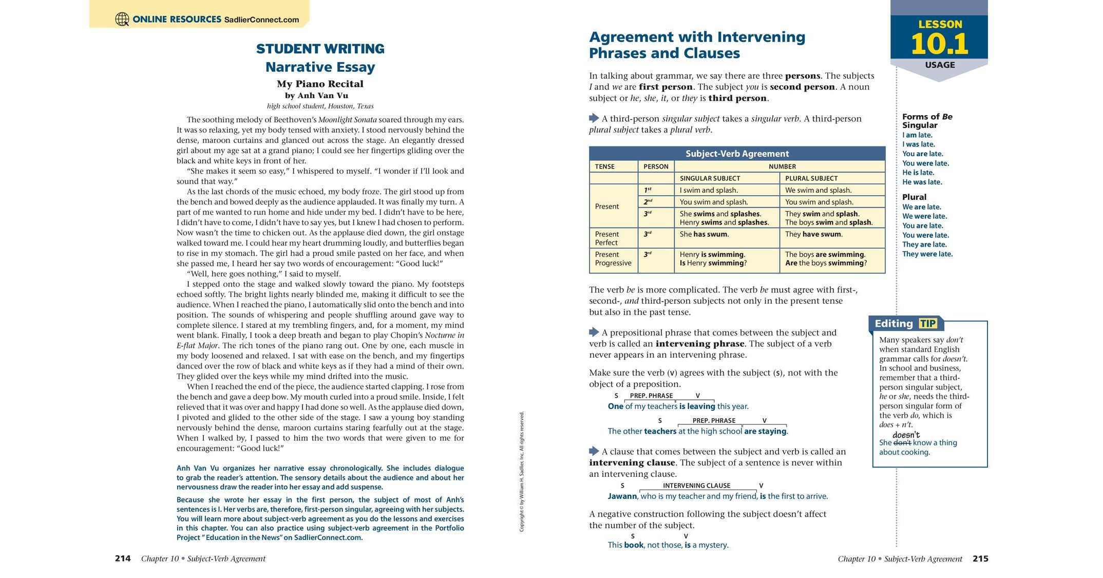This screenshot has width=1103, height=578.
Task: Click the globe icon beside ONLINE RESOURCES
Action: point(122,20)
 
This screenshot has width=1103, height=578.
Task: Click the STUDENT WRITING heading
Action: point(320,49)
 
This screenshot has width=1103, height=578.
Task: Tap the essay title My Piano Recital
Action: point(320,84)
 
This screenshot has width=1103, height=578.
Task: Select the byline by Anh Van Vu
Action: point(316,96)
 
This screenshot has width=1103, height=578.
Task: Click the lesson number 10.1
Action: point(939,44)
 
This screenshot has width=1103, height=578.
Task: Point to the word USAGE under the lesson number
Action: point(940,65)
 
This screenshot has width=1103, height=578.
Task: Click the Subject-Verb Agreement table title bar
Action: point(737,154)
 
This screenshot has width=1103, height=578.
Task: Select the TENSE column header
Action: point(605,166)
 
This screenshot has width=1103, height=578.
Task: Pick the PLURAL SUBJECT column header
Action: point(811,178)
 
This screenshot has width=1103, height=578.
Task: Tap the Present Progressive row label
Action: point(613,259)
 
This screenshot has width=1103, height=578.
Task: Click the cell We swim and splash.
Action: point(818,190)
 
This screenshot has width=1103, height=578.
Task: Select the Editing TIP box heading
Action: point(906,324)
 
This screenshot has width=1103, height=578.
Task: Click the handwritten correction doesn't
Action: point(906,435)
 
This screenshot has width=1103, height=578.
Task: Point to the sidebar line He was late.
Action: point(922,182)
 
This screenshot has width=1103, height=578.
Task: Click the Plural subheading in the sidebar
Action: point(914,197)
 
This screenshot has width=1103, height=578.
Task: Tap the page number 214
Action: point(123,558)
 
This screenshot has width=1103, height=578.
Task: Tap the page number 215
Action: point(980,558)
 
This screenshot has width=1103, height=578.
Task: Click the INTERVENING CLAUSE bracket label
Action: point(696,486)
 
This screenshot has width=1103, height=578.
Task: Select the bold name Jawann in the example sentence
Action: point(622,496)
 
